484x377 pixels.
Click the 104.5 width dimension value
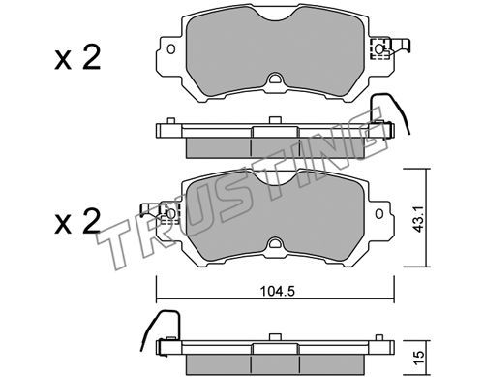[278, 292]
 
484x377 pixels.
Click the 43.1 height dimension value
[419, 220]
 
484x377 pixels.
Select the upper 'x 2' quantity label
[77, 58]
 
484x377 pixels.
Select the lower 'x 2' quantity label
[77, 221]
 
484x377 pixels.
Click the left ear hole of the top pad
[171, 49]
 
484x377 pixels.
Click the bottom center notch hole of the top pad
[275, 79]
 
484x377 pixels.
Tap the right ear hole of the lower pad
[379, 214]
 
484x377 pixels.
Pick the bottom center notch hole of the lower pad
[275, 242]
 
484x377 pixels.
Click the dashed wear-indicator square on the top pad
[379, 48]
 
